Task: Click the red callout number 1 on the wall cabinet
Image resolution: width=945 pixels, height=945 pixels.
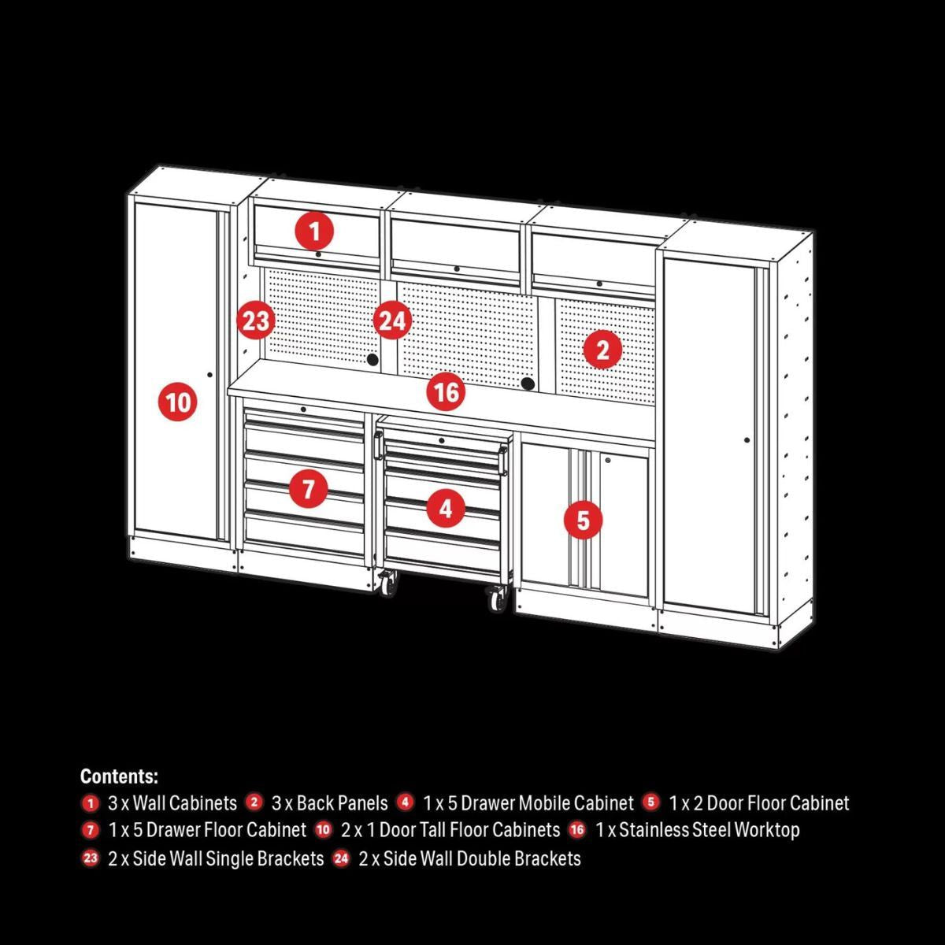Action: [x=314, y=232]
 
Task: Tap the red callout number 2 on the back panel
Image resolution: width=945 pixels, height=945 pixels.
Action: [x=602, y=350]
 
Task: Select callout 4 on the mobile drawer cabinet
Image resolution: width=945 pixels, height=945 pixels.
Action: [x=446, y=509]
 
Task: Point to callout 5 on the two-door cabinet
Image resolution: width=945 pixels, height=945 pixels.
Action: [x=583, y=520]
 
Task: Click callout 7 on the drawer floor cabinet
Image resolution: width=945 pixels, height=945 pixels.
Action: [x=308, y=489]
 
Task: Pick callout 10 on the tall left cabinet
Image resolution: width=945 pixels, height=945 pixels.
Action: [x=179, y=402]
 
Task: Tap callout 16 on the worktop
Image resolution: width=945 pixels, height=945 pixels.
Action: [x=446, y=391]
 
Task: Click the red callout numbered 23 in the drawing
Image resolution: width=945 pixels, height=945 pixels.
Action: [x=256, y=321]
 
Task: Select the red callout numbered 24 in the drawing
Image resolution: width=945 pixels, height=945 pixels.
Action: [x=392, y=321]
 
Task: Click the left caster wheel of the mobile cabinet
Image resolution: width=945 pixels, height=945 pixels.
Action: [x=387, y=584]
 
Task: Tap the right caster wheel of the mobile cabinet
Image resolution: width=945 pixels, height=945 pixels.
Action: [x=496, y=601]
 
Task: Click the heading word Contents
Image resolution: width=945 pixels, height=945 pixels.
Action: [x=119, y=776]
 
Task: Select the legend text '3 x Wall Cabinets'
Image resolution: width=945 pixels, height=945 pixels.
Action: [x=172, y=803]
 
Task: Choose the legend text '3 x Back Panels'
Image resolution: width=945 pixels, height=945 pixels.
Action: [x=329, y=803]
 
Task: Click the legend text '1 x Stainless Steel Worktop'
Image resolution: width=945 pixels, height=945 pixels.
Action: [x=697, y=830]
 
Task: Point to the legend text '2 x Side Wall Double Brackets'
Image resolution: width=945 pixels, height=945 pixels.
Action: [x=469, y=858]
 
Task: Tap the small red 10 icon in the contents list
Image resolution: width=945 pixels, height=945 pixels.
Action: [x=324, y=829]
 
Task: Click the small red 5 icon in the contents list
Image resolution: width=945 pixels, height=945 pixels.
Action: [x=650, y=802]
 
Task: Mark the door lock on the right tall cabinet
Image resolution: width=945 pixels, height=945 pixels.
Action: [x=747, y=439]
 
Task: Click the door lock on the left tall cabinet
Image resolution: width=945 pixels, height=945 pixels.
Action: [x=209, y=375]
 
